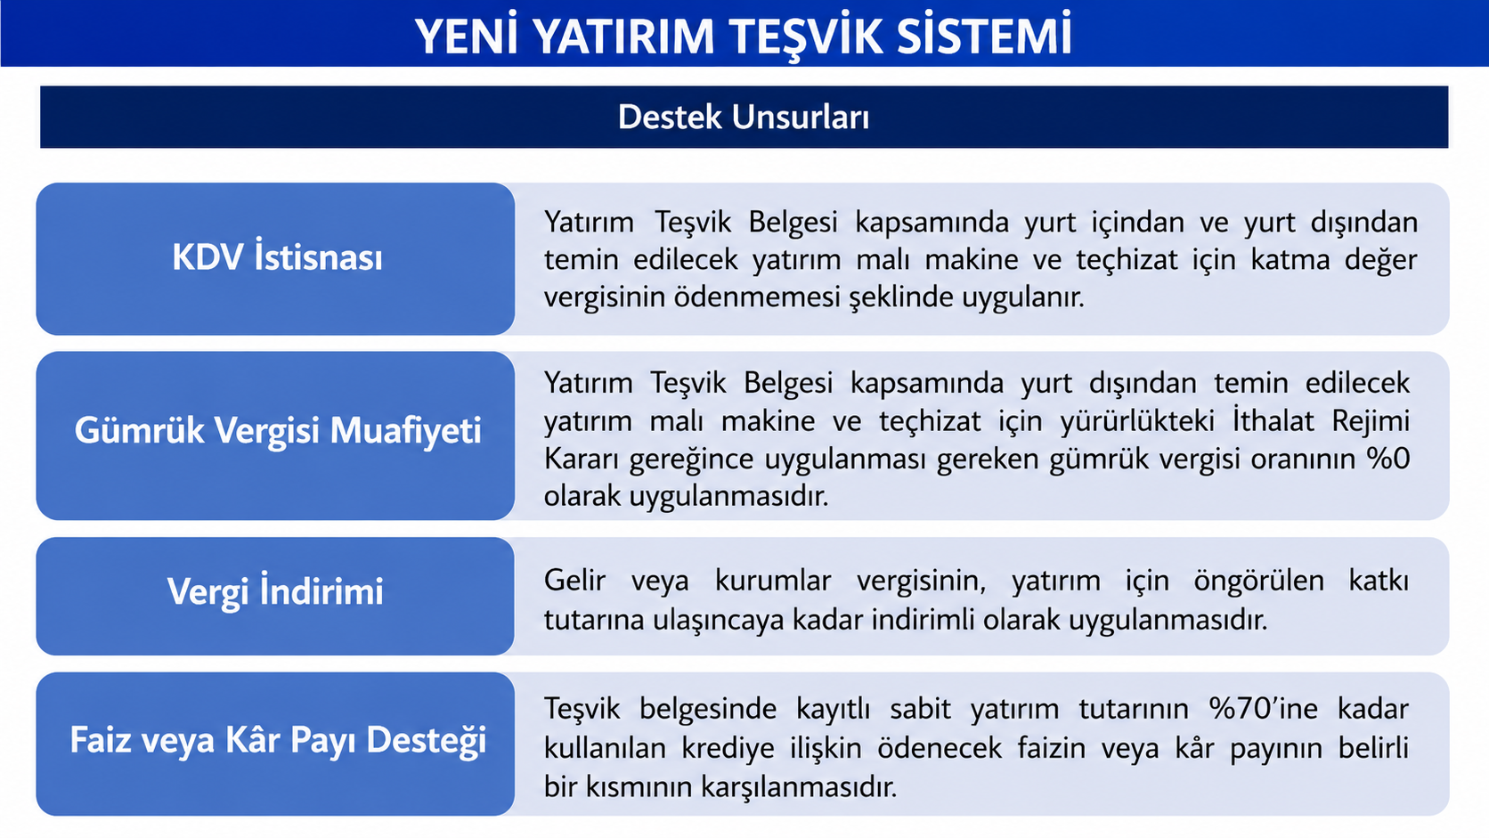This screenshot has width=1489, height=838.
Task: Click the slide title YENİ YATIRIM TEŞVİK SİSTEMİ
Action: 744,36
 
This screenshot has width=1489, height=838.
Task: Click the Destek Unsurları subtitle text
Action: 744,117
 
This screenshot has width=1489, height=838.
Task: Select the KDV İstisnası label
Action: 277,257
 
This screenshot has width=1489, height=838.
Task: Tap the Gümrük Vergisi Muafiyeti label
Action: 278,431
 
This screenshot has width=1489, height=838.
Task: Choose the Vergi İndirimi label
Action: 275,591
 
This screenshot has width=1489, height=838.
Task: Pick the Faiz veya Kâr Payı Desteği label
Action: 278,740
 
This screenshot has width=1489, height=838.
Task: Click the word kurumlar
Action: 772,580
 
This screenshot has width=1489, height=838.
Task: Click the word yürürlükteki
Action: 1137,421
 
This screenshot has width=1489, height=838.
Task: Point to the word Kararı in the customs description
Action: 581,460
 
